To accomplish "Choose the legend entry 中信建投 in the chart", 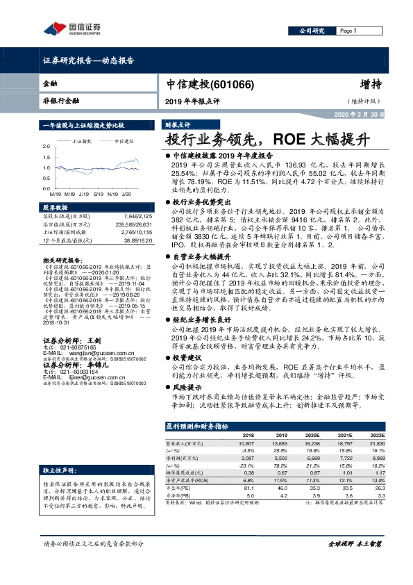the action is pyautogui.click(x=124, y=140).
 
